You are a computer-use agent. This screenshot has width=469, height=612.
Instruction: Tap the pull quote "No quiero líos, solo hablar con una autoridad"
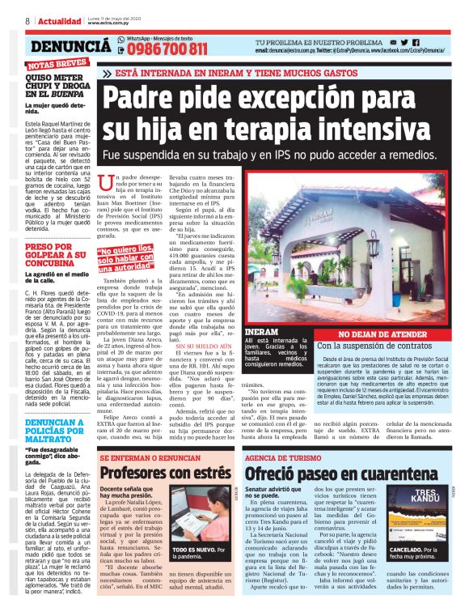point(122,257)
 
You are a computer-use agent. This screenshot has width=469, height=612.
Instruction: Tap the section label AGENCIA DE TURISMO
point(284,456)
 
